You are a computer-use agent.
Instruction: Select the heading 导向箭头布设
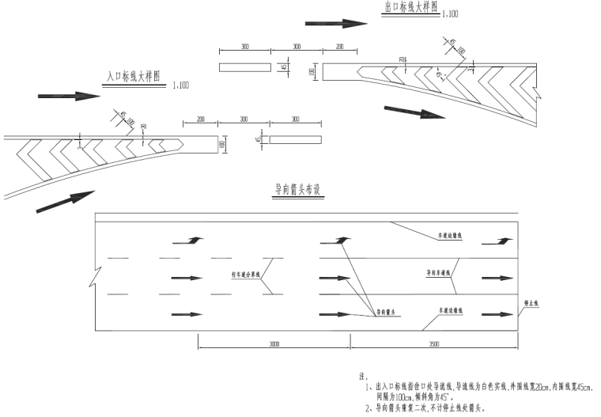pos(297,190)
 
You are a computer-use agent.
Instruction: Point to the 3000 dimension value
pos(273,345)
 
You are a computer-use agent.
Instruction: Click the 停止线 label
pos(533,302)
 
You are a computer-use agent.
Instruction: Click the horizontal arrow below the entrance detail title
pos(69,96)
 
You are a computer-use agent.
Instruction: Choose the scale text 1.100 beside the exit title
pos(449,14)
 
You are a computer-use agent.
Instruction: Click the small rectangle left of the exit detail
pos(244,66)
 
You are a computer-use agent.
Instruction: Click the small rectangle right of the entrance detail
pos(296,140)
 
